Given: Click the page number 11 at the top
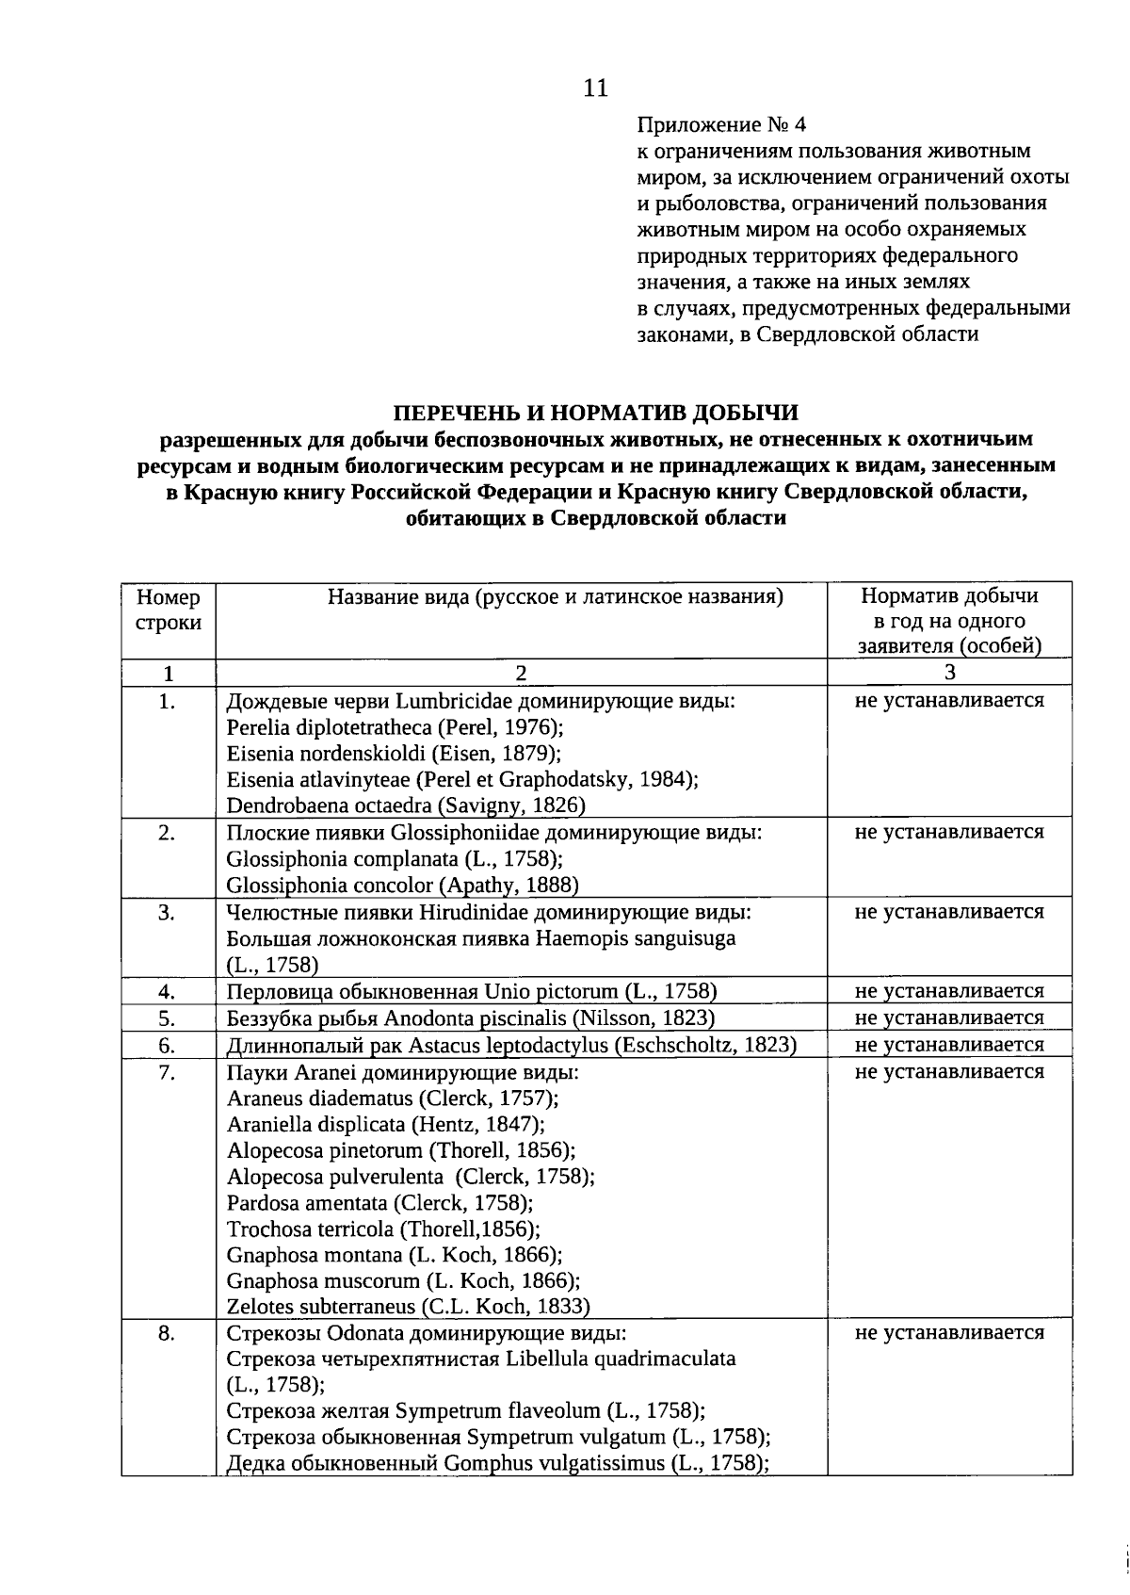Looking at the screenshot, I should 595,89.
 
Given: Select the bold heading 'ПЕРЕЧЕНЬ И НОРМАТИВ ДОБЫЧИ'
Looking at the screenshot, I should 595,414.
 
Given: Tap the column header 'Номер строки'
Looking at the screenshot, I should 169,610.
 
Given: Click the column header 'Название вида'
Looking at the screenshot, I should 556,596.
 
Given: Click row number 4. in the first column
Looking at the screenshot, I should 168,991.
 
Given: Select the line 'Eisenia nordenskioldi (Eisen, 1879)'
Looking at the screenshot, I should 395,753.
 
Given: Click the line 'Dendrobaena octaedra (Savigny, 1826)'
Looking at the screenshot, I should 406,806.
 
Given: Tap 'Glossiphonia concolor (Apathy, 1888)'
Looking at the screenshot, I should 402,886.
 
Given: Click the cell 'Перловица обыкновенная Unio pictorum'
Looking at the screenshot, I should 472,991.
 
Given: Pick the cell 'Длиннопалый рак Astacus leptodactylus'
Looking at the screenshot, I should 511,1045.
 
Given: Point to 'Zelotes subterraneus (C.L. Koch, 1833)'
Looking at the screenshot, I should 408,1307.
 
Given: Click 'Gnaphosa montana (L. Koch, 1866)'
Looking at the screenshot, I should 395,1255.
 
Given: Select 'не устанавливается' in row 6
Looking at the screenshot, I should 949,1045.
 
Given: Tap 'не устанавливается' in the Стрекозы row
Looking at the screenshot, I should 949,1333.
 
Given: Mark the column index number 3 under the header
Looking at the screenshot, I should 949,672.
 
